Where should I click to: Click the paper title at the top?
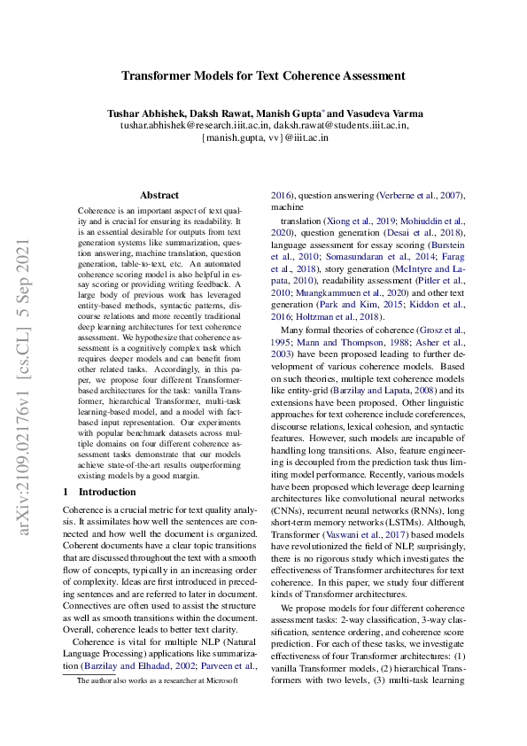tap(263, 77)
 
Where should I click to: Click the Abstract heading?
tap(159, 195)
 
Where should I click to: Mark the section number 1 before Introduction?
tap(66, 492)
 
